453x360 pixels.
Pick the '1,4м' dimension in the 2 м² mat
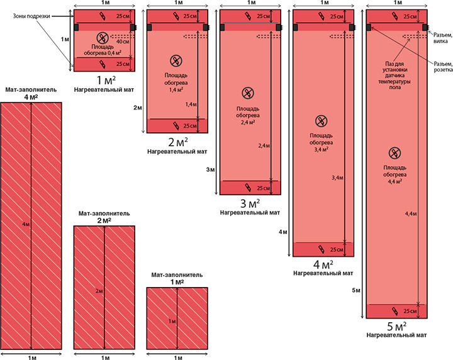point(191,104)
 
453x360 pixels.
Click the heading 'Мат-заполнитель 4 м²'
point(31,93)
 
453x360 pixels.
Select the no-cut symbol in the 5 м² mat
point(394,153)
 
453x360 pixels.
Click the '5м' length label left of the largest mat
point(357,290)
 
